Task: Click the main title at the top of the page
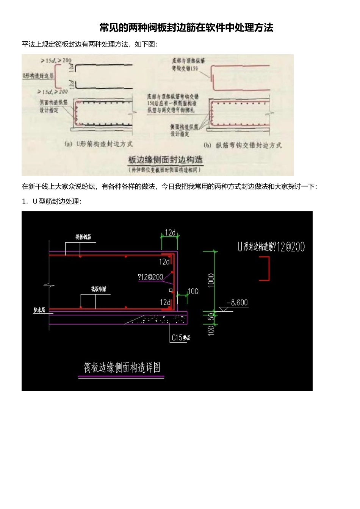(x=186, y=28)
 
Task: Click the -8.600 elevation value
(x=237, y=303)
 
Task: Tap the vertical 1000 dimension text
(x=211, y=280)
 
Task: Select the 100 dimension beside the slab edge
(x=193, y=291)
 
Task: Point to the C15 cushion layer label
(x=181, y=337)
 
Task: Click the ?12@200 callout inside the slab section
(x=150, y=277)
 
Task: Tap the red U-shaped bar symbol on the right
(x=265, y=269)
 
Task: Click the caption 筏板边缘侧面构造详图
(x=122, y=367)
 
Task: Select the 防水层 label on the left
(x=39, y=310)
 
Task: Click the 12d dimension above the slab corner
(x=170, y=233)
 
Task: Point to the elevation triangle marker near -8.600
(x=224, y=309)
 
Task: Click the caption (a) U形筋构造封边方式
(x=99, y=144)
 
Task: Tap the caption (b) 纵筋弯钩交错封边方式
(x=243, y=145)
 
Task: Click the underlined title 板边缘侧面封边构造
(x=165, y=160)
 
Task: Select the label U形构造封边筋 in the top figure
(x=38, y=76)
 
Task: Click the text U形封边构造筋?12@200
(x=271, y=247)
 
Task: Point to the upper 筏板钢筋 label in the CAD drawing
(x=83, y=237)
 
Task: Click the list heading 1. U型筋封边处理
(x=52, y=201)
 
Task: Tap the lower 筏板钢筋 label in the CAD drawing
(x=99, y=289)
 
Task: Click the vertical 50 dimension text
(x=211, y=316)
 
